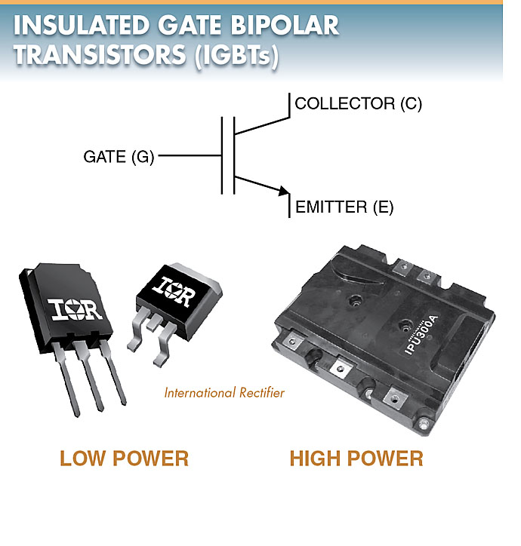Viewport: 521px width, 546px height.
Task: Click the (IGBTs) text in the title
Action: coord(236,57)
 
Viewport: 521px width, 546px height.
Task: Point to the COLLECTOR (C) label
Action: coord(358,104)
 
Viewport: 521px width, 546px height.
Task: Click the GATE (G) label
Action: coord(119,157)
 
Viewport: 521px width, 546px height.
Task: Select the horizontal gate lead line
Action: coord(190,157)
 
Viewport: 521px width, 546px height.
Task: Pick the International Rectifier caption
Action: coord(224,393)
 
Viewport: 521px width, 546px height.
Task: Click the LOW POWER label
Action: coord(125,457)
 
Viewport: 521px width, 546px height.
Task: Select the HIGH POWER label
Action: coord(356,457)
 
